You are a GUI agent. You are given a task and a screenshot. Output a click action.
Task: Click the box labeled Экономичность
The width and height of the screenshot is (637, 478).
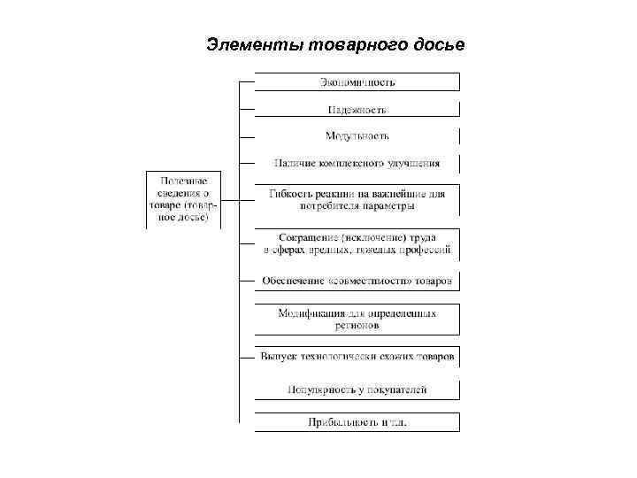[x=357, y=82]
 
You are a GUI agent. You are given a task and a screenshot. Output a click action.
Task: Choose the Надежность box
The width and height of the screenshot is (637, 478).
[x=357, y=109]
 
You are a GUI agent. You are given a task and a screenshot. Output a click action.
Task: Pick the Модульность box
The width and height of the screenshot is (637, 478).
[x=357, y=135]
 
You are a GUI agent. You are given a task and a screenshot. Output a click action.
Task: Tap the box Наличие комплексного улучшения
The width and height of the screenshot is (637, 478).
[x=357, y=163]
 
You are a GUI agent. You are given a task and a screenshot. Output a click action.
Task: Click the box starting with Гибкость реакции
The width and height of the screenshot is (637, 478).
[x=357, y=199]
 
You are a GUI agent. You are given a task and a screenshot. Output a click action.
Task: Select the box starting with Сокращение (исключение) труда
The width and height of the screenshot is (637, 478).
[x=357, y=244]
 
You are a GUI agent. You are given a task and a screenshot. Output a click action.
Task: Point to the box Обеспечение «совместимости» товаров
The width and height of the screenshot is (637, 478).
[x=357, y=281]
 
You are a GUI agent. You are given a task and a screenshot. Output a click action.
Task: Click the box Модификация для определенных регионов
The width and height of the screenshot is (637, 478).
[x=357, y=319]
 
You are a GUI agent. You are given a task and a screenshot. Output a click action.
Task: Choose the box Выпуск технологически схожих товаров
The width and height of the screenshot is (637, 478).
[x=357, y=357]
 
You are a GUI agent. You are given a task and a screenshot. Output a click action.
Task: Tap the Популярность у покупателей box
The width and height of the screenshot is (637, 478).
[x=357, y=389]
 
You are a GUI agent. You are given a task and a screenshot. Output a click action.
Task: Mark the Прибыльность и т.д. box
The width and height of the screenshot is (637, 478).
[x=357, y=422]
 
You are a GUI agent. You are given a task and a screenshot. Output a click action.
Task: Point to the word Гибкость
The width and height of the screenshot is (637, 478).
[x=289, y=193]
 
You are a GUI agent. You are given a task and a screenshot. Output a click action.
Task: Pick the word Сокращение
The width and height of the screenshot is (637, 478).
[x=303, y=238]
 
